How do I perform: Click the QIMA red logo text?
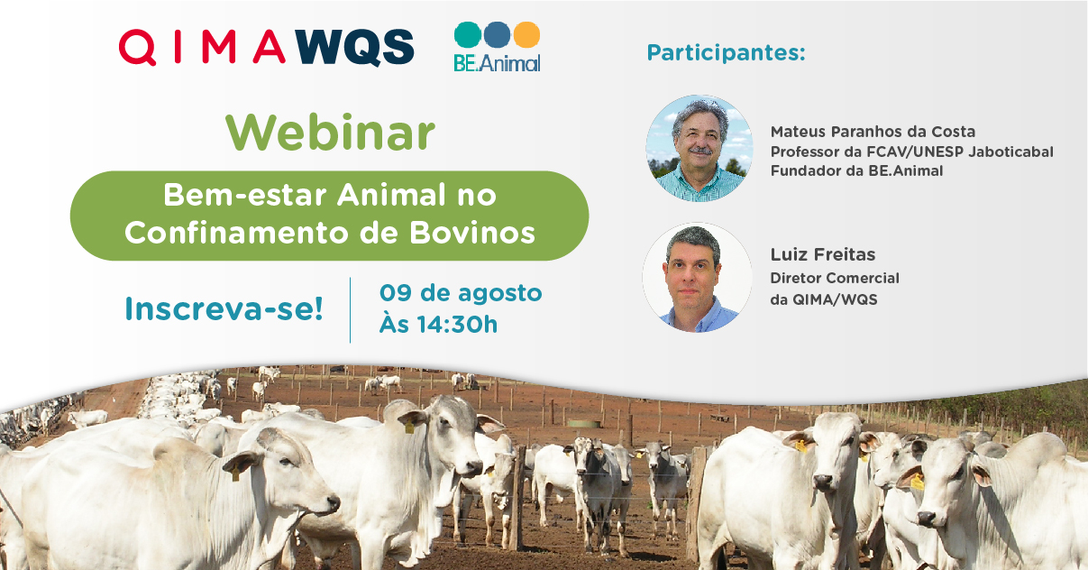click(x=202, y=47)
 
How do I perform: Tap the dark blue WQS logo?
click(x=355, y=47)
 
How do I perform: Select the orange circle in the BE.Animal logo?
click(x=527, y=34)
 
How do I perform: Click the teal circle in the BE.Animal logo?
click(x=467, y=34)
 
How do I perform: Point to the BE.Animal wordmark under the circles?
click(x=497, y=63)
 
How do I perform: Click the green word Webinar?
click(x=330, y=133)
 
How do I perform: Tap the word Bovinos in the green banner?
click(x=471, y=233)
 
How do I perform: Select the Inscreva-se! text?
click(x=224, y=309)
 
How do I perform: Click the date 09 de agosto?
click(x=461, y=293)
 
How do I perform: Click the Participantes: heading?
click(x=727, y=52)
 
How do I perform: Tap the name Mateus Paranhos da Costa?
click(x=873, y=132)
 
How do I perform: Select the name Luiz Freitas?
click(x=823, y=254)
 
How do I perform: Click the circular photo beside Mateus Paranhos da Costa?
click(x=699, y=148)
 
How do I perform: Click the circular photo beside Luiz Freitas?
click(x=697, y=277)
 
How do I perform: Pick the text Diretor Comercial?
click(x=835, y=278)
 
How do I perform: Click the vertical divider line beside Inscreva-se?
click(x=351, y=310)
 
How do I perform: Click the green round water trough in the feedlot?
click(x=583, y=424)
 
